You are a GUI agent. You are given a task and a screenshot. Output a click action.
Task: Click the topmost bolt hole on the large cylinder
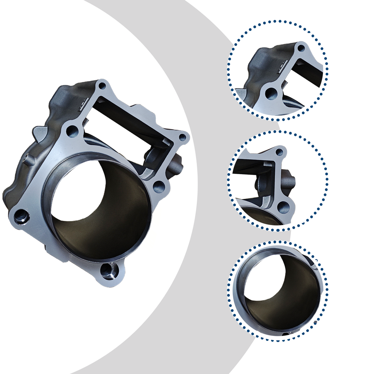[x=102, y=85]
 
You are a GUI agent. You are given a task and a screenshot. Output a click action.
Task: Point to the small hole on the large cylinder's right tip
[x=182, y=137]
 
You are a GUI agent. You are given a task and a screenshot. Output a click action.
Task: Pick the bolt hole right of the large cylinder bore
[x=159, y=187]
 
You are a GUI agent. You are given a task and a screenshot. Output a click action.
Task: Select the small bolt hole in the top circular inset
[x=301, y=48]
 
